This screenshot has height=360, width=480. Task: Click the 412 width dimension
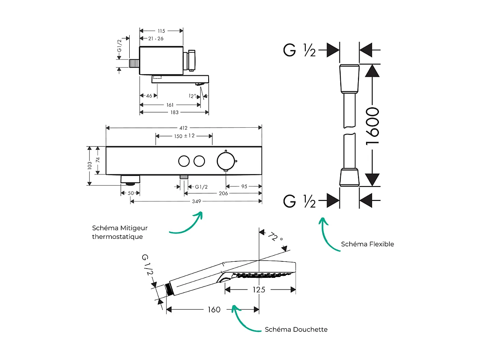(x=184, y=128)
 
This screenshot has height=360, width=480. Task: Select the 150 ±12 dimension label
(x=184, y=136)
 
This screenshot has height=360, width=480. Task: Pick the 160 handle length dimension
(x=214, y=309)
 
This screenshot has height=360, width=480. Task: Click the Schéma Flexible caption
(x=367, y=244)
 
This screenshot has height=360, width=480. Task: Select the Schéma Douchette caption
(x=296, y=329)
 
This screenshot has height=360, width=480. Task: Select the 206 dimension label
(x=223, y=193)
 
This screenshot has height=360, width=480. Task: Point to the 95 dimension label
(x=244, y=186)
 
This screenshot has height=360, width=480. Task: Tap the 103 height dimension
(x=89, y=166)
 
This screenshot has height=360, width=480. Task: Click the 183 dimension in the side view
(x=174, y=112)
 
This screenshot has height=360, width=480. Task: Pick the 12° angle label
(x=193, y=96)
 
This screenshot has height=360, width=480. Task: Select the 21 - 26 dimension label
(x=156, y=38)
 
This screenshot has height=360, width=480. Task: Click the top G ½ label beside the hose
(x=300, y=50)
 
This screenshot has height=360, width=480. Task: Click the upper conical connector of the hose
(x=349, y=79)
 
